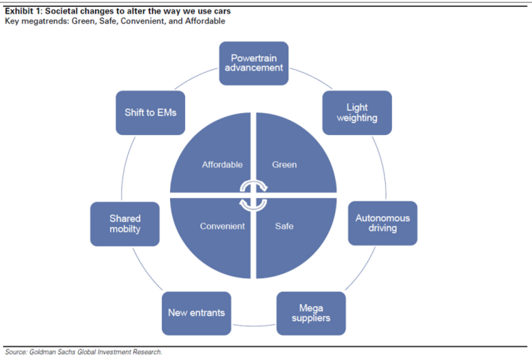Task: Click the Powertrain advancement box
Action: pos(254,63)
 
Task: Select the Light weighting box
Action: pos(357,112)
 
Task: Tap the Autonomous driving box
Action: pos(383,223)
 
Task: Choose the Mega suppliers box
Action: pos(311,313)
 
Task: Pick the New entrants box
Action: pos(196,313)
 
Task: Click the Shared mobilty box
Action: pos(125,223)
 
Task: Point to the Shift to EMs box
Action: pos(151,112)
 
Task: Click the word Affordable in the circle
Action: pos(223,165)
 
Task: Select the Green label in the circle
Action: pos(284,165)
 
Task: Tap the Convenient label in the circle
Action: pos(223,226)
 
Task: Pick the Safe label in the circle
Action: pos(284,226)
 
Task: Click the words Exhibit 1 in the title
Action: pos(22,11)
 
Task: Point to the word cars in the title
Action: pos(222,11)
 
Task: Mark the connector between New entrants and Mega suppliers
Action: pos(254,325)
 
